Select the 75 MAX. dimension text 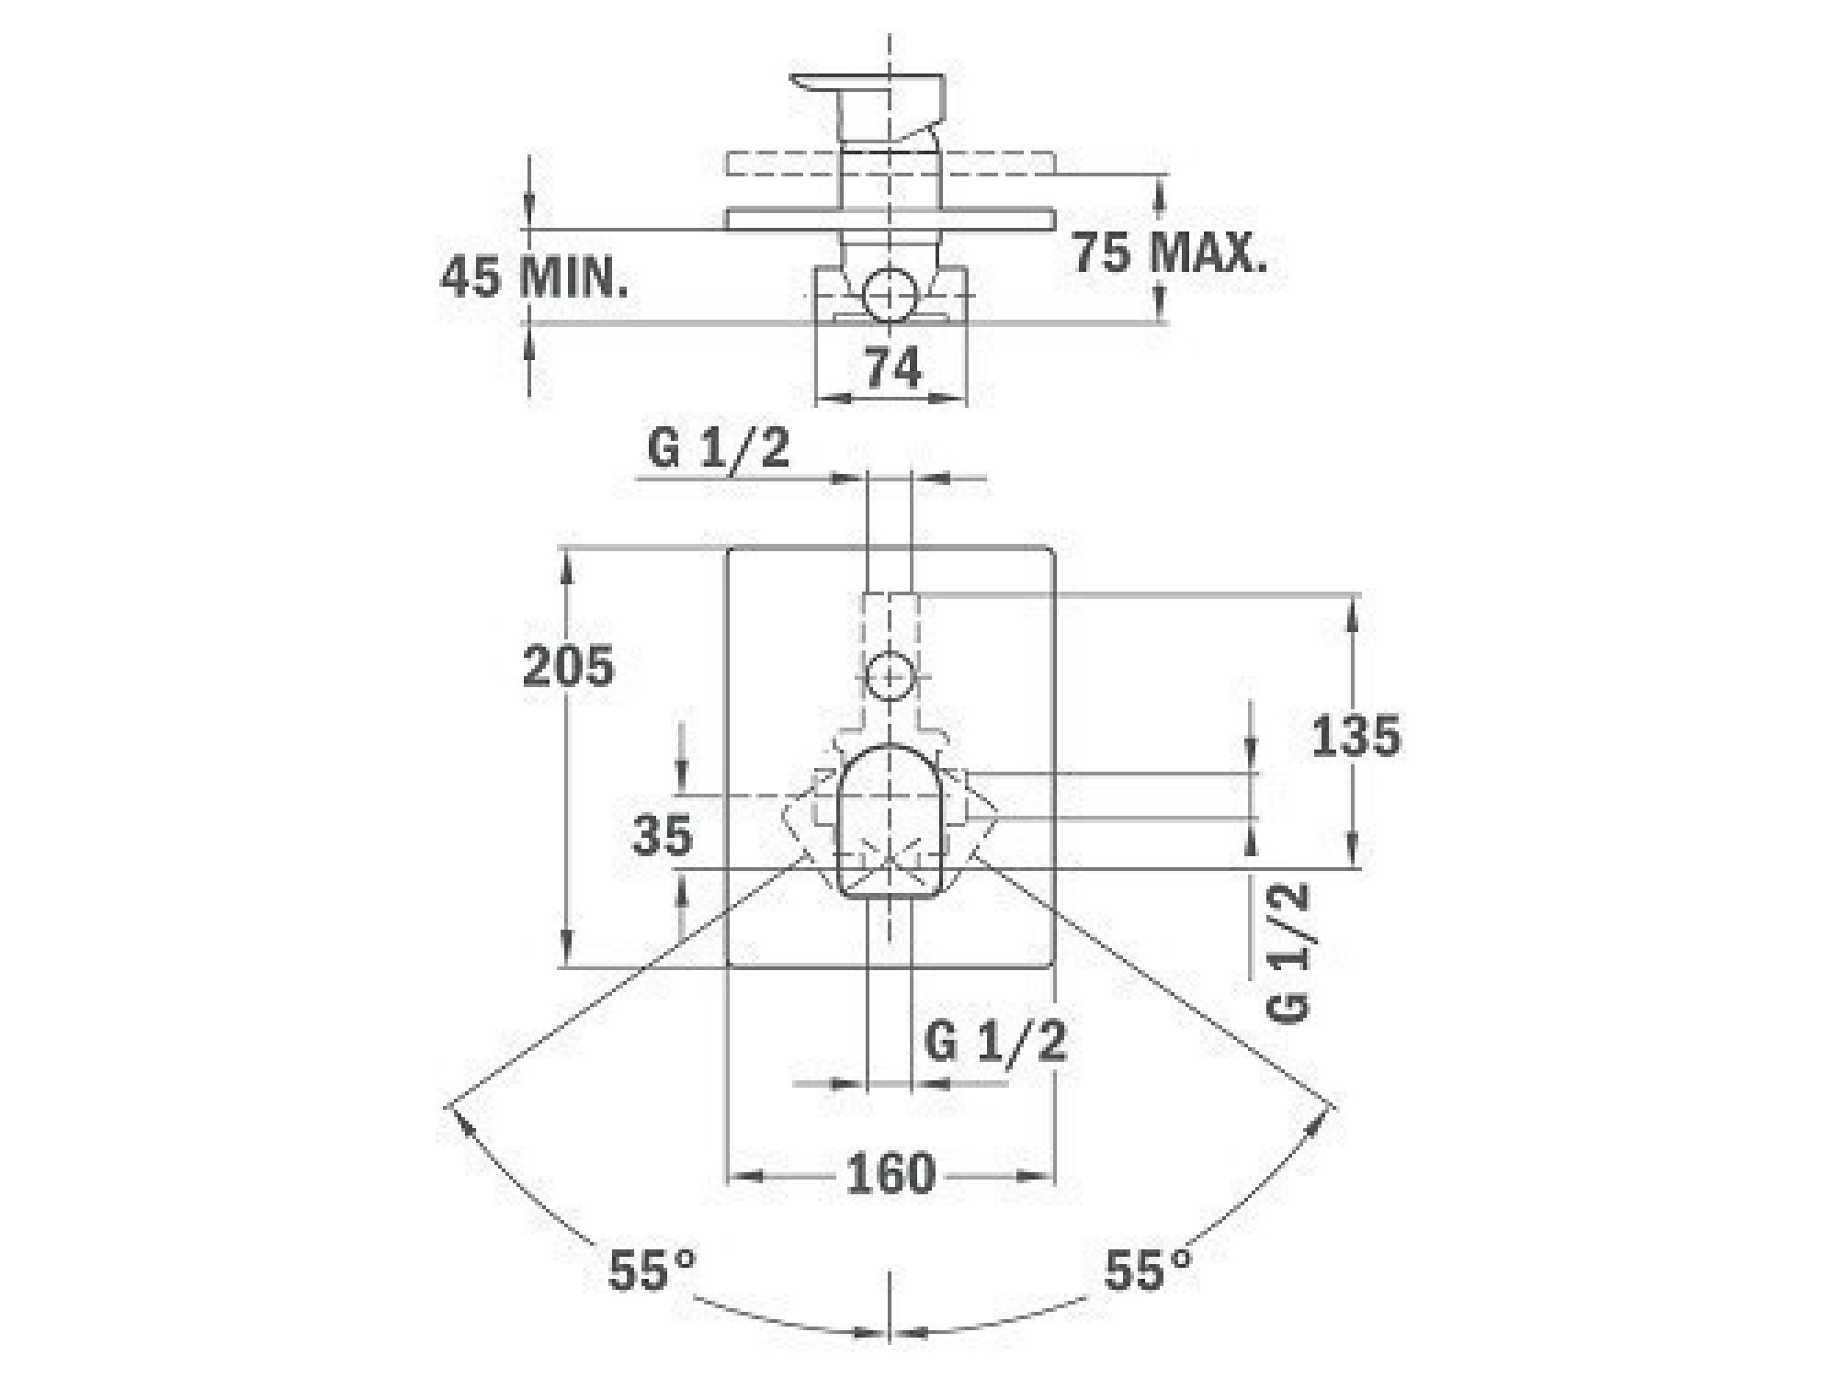[x=1170, y=252]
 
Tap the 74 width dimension [x=892, y=369]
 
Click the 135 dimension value [x=1356, y=735]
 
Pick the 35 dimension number [x=662, y=835]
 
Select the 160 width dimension [x=891, y=1174]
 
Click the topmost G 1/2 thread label [x=719, y=450]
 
